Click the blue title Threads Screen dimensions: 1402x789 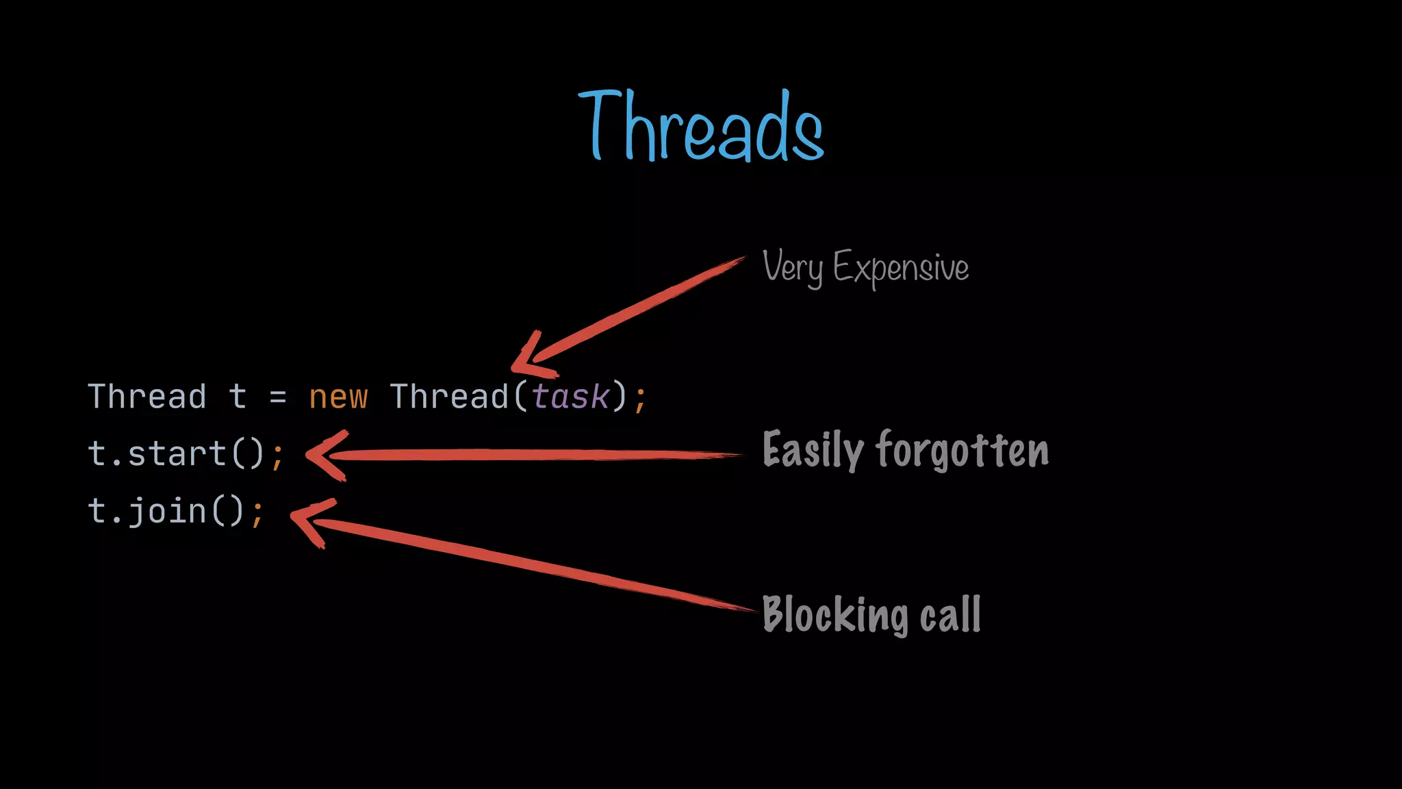point(701,126)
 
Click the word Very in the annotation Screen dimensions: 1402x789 point(792,267)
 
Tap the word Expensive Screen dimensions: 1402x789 point(901,268)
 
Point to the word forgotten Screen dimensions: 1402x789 point(963,450)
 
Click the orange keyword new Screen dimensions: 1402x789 point(338,397)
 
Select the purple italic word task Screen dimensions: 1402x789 point(570,397)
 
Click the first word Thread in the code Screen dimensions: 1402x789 point(147,397)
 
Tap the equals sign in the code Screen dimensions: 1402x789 point(277,397)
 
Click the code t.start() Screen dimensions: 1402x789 point(176,453)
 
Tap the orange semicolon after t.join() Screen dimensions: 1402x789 point(257,514)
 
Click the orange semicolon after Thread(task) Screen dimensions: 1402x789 point(640,399)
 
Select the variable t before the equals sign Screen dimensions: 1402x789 point(238,397)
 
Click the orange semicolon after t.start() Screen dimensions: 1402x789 point(277,456)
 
